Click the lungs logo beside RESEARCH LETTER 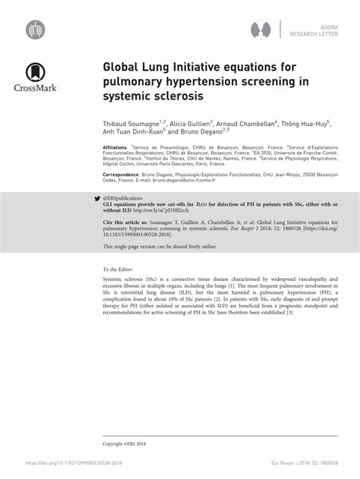261,30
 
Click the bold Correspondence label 122,175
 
